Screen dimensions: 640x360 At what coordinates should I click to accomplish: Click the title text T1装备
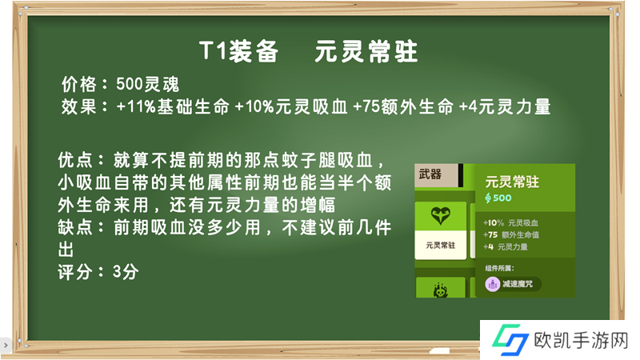click(x=238, y=51)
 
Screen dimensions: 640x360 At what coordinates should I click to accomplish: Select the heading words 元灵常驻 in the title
click(x=366, y=51)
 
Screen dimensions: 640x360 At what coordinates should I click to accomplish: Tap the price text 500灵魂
click(x=147, y=85)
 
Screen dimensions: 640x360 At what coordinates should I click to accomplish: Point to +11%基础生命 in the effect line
click(x=173, y=107)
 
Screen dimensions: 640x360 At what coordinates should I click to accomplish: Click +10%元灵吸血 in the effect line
click(x=291, y=107)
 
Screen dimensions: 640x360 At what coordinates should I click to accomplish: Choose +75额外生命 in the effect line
click(x=403, y=107)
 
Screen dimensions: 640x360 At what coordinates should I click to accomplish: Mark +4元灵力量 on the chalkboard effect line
click(x=505, y=107)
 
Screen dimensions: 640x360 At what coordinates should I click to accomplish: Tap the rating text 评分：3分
click(x=98, y=272)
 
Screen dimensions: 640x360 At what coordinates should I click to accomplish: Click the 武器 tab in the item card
click(x=430, y=174)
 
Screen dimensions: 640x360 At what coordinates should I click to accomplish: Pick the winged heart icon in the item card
click(x=441, y=215)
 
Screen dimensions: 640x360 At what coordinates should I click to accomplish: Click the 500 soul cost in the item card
click(x=498, y=198)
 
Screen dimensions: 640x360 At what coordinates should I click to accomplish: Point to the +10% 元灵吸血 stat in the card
click(x=510, y=223)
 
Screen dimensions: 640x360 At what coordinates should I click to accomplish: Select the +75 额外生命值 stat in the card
click(x=511, y=234)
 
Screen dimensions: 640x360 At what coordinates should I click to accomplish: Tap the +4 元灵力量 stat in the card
click(x=506, y=246)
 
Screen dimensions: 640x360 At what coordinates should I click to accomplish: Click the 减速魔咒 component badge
click(x=513, y=284)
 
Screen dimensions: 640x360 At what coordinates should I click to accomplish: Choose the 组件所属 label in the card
click(x=499, y=268)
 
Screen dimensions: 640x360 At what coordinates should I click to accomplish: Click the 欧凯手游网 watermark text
click(x=581, y=341)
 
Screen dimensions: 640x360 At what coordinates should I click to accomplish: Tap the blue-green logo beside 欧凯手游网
click(x=510, y=339)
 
